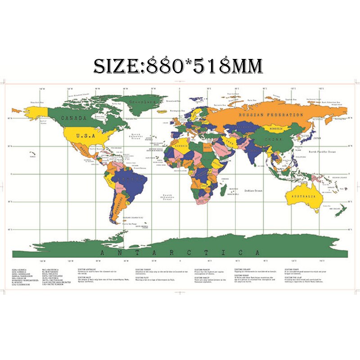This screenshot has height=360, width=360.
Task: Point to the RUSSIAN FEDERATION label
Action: [271, 115]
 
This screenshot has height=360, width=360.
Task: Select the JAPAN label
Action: [318, 139]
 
